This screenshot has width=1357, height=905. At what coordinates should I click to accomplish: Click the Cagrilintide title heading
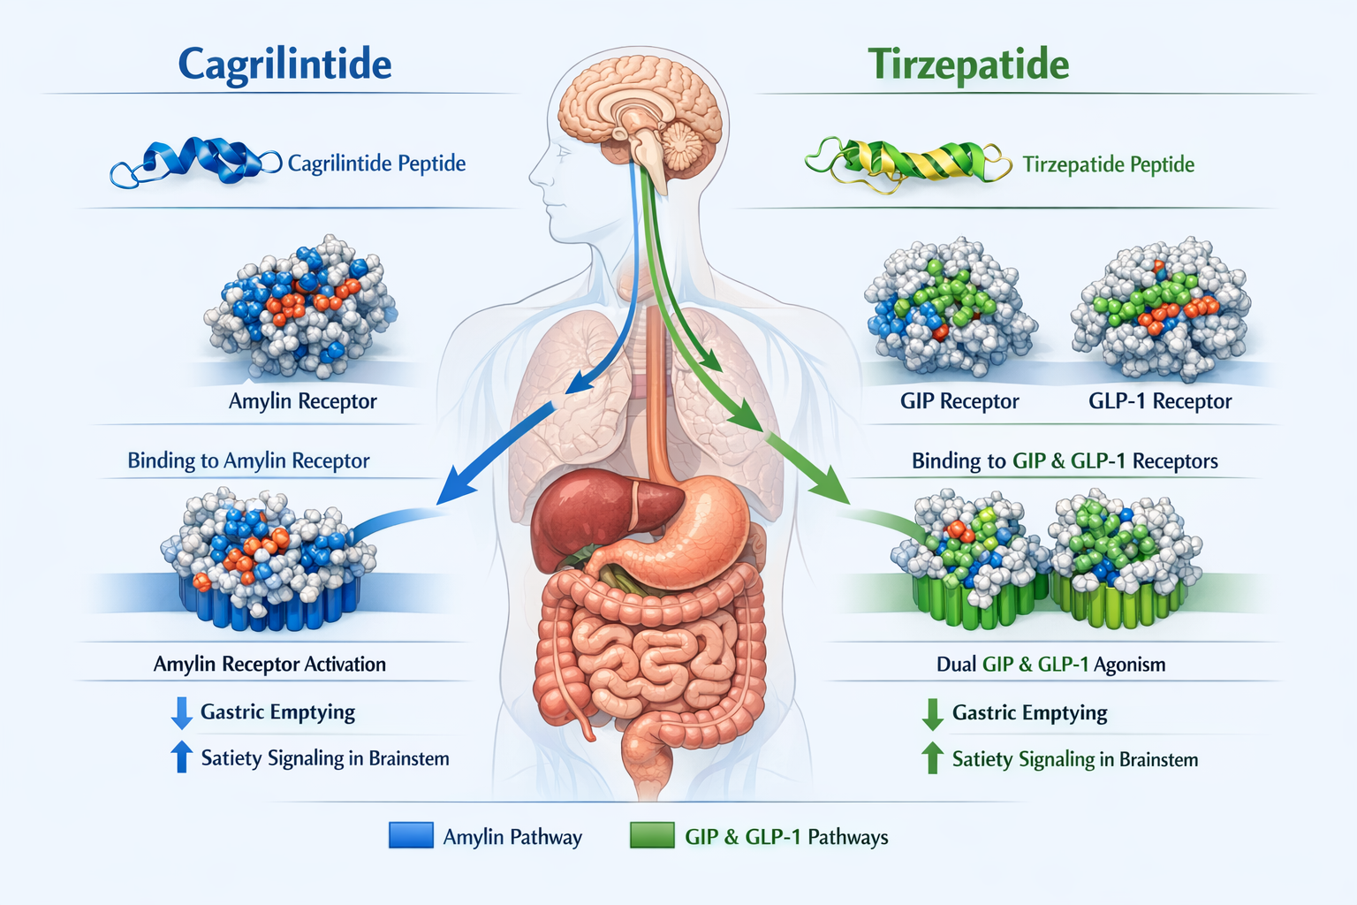coord(284,65)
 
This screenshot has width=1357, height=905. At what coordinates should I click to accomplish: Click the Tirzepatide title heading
coord(968,65)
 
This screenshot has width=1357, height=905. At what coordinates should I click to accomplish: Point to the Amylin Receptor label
coord(302,401)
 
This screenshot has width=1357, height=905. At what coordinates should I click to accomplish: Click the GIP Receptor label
coord(959,401)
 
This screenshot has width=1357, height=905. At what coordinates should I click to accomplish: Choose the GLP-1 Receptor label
coord(1159,401)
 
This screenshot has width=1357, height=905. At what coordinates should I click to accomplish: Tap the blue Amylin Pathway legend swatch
coord(411,835)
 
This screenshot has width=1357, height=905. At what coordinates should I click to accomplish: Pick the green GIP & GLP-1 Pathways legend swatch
coord(652,835)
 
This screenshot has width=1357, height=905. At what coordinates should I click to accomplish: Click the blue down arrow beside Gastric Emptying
coord(182,712)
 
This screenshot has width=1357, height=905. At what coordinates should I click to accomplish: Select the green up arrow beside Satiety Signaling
coord(932,758)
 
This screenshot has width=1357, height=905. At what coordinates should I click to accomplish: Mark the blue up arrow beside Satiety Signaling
coord(182,757)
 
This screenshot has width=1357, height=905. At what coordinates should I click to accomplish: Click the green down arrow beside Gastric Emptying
coord(932,713)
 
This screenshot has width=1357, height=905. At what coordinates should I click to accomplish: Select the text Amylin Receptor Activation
coord(269,664)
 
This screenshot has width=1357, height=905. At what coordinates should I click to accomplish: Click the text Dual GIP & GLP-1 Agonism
coord(1050,664)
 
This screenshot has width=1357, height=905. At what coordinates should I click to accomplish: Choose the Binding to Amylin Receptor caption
coord(248,460)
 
